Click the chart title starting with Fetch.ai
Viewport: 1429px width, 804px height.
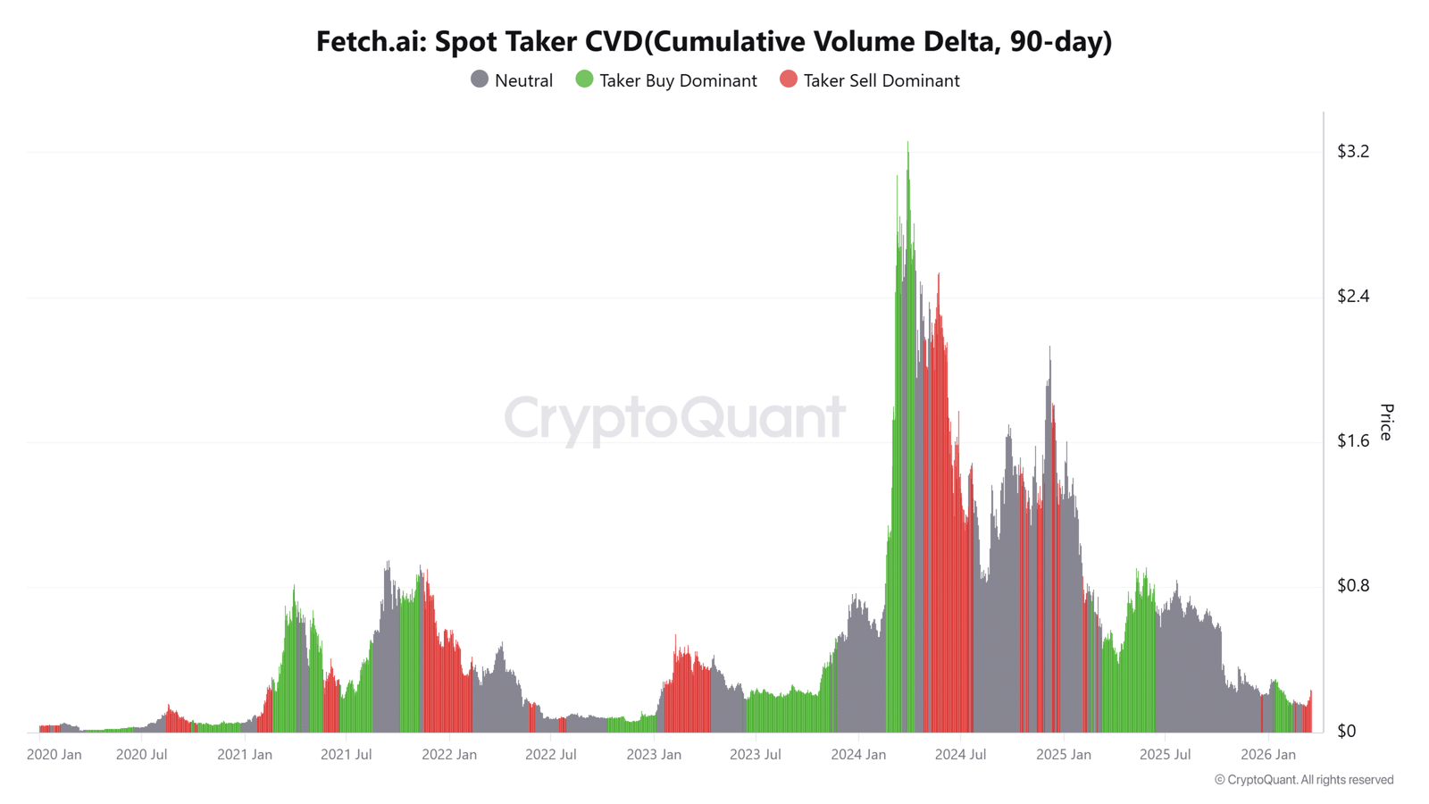click(x=714, y=41)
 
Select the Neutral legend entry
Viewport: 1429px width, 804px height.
click(x=512, y=80)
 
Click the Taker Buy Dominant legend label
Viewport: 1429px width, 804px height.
click(x=678, y=80)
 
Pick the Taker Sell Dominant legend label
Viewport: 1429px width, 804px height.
click(x=881, y=80)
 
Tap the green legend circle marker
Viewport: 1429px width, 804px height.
click(x=584, y=80)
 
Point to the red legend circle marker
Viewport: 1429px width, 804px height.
click(x=788, y=80)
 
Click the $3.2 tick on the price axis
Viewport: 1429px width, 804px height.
click(x=1352, y=152)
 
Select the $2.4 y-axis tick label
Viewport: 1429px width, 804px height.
click(x=1352, y=297)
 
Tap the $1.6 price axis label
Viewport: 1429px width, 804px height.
click(x=1352, y=441)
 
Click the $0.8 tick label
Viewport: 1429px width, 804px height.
click(x=1352, y=586)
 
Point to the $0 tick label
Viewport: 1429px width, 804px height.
click(x=1346, y=732)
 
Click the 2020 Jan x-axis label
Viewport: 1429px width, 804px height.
click(x=54, y=755)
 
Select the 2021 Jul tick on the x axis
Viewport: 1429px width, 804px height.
click(x=346, y=755)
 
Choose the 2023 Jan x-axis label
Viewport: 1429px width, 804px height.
click(x=653, y=755)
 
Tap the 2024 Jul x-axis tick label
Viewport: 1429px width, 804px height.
click(x=960, y=755)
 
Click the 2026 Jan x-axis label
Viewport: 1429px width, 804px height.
click(x=1267, y=755)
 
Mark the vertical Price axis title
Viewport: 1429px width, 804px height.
click(x=1386, y=422)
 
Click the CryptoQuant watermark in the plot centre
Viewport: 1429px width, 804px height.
click(x=674, y=417)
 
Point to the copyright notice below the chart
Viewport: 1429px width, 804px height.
click(x=1303, y=780)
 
